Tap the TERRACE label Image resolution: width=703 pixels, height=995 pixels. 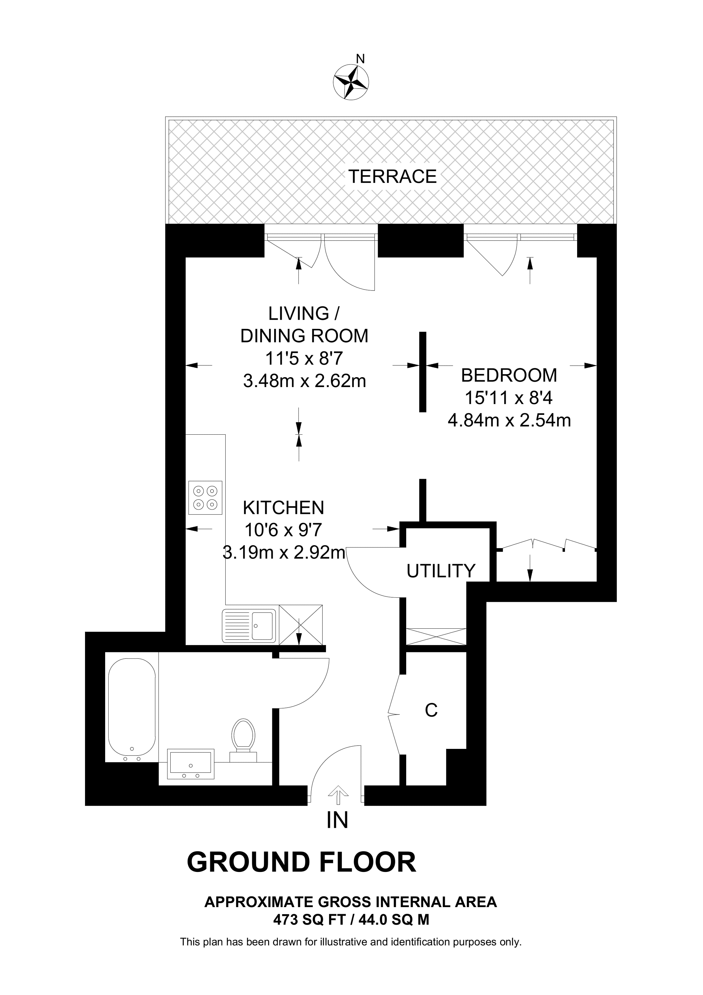click(x=392, y=177)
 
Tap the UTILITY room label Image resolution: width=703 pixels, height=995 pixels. click(x=441, y=571)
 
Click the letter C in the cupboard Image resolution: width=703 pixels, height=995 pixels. click(x=431, y=710)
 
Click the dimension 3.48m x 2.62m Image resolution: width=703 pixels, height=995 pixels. click(x=305, y=381)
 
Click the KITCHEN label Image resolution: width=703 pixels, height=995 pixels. click(x=283, y=508)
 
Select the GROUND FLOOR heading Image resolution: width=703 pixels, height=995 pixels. click(x=301, y=862)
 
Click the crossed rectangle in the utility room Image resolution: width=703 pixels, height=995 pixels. click(x=436, y=637)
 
